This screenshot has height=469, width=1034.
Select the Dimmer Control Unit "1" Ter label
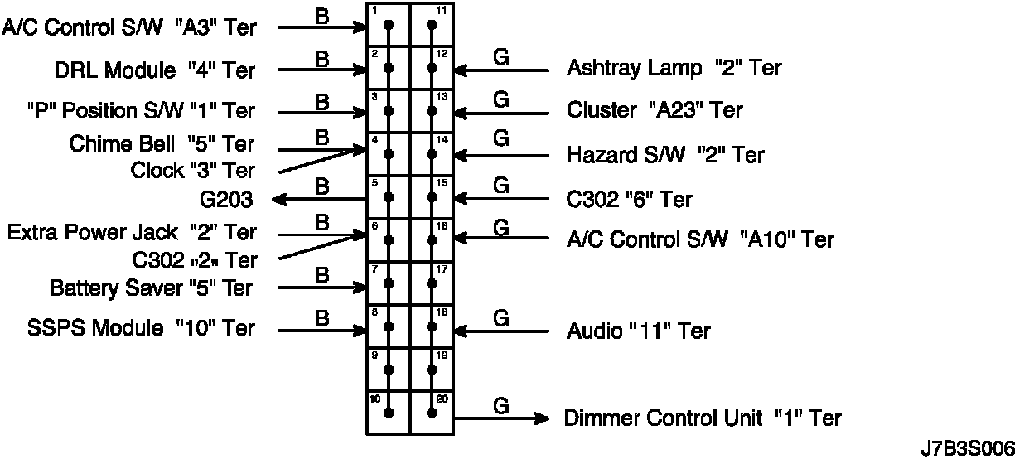703,418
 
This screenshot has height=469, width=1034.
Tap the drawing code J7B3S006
968,450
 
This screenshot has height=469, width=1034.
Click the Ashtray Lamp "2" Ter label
674,68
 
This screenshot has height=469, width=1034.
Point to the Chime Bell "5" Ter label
162,144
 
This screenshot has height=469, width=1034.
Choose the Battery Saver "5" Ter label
152,288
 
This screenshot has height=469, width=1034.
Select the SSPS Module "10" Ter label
141,328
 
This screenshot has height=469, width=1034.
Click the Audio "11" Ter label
638,331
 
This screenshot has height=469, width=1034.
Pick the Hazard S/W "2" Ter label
665,155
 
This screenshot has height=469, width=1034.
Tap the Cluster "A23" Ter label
655,110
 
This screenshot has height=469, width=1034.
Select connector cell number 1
389,25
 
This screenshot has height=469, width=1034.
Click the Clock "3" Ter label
192,172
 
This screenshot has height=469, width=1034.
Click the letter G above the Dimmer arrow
500,406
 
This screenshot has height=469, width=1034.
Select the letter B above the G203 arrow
323,186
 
